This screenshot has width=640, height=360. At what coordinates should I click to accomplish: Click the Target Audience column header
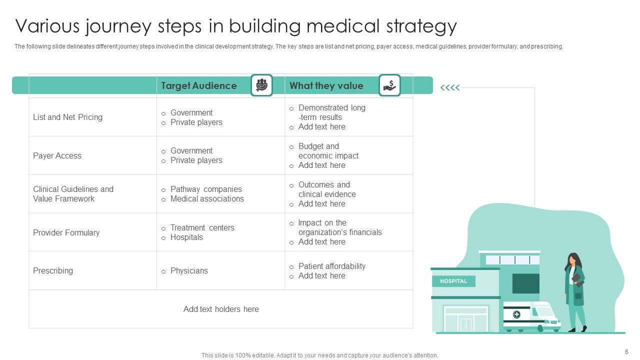click(198, 85)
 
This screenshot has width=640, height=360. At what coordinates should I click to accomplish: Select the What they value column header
click(326, 85)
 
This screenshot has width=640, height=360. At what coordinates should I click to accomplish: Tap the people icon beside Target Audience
click(261, 85)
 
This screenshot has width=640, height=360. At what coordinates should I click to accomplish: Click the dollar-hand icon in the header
click(389, 85)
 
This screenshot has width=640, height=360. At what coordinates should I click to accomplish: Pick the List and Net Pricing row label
click(67, 117)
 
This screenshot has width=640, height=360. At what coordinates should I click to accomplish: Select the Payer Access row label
click(57, 155)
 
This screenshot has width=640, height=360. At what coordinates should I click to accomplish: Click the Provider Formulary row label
click(66, 232)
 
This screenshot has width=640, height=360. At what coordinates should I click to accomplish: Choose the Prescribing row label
click(53, 270)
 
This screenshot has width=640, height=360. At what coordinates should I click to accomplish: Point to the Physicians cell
click(189, 270)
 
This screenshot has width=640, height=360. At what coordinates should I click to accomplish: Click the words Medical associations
click(207, 198)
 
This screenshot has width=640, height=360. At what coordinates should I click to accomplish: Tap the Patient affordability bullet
click(331, 266)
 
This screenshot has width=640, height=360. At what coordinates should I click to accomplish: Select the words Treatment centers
click(202, 227)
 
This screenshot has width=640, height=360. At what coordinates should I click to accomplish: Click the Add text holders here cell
click(221, 309)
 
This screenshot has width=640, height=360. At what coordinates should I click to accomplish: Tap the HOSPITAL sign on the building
click(453, 281)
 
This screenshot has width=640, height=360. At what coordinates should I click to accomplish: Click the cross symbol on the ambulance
click(516, 314)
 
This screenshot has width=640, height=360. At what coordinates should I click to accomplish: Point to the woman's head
click(573, 259)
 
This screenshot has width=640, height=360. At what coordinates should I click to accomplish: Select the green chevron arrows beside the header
click(449, 88)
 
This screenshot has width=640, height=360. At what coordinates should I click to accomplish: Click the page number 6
click(626, 351)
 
